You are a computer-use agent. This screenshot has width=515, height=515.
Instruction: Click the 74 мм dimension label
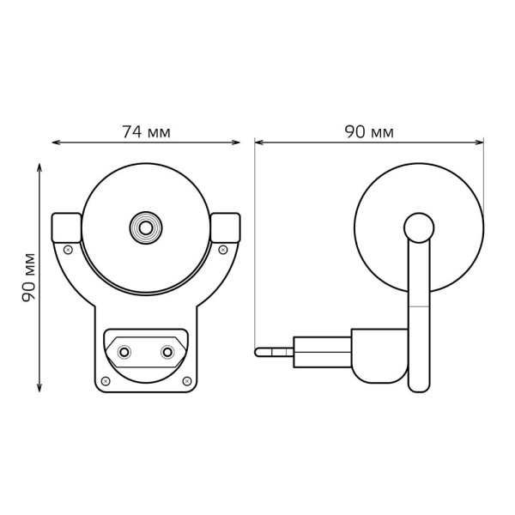(146, 132)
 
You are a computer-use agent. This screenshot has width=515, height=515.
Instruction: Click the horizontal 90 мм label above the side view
(369, 132)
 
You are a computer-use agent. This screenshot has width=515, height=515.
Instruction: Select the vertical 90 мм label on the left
(29, 276)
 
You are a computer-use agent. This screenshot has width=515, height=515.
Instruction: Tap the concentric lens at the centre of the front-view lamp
(146, 227)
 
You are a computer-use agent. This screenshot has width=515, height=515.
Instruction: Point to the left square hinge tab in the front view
(66, 227)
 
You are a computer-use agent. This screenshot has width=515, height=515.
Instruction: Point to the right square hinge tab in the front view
(225, 227)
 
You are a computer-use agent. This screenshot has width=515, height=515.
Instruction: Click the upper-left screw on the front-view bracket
(69, 250)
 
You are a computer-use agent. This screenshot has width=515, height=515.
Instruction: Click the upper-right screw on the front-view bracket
(223, 250)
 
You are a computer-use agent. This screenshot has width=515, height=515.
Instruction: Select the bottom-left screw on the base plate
(106, 380)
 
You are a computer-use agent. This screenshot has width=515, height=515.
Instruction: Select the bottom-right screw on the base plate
(186, 380)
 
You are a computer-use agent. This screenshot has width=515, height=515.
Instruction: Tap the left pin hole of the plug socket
(124, 352)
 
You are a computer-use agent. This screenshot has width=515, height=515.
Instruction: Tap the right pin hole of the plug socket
(167, 352)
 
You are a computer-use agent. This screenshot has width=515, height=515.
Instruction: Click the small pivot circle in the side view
(419, 227)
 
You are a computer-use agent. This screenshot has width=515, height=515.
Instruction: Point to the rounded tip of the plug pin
(258, 352)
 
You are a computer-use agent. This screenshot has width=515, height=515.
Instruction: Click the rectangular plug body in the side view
(322, 352)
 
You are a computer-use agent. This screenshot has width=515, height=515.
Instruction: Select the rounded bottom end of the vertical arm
(419, 386)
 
